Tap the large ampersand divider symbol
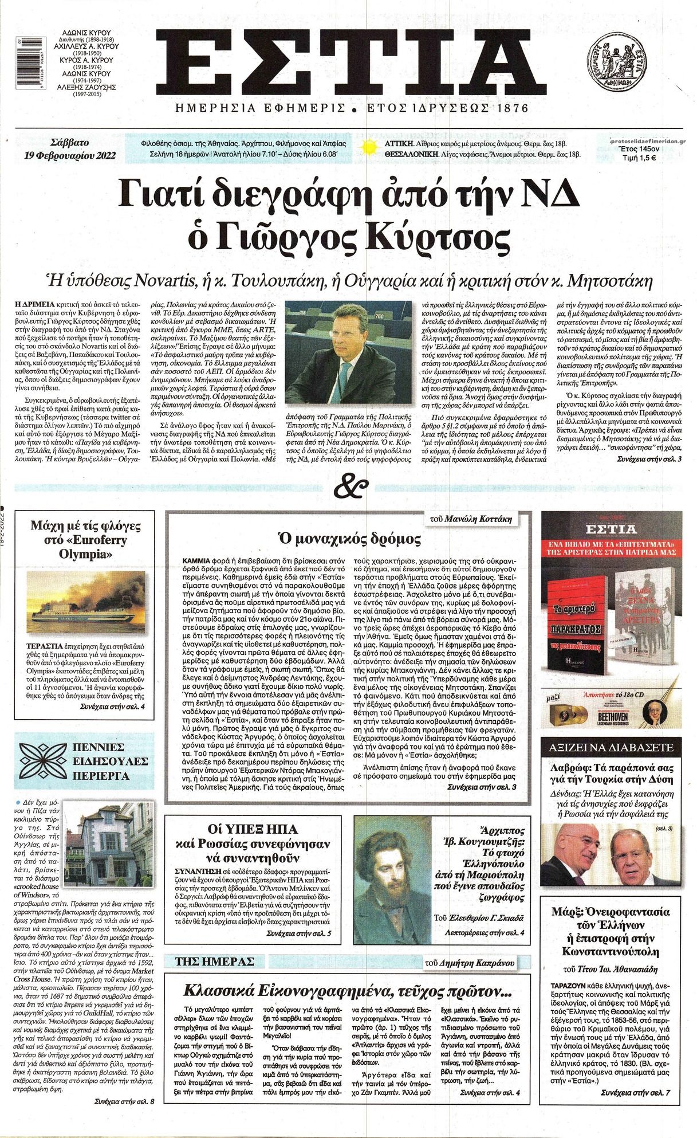click(x=348, y=488)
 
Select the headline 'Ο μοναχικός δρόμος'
click(x=348, y=539)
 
